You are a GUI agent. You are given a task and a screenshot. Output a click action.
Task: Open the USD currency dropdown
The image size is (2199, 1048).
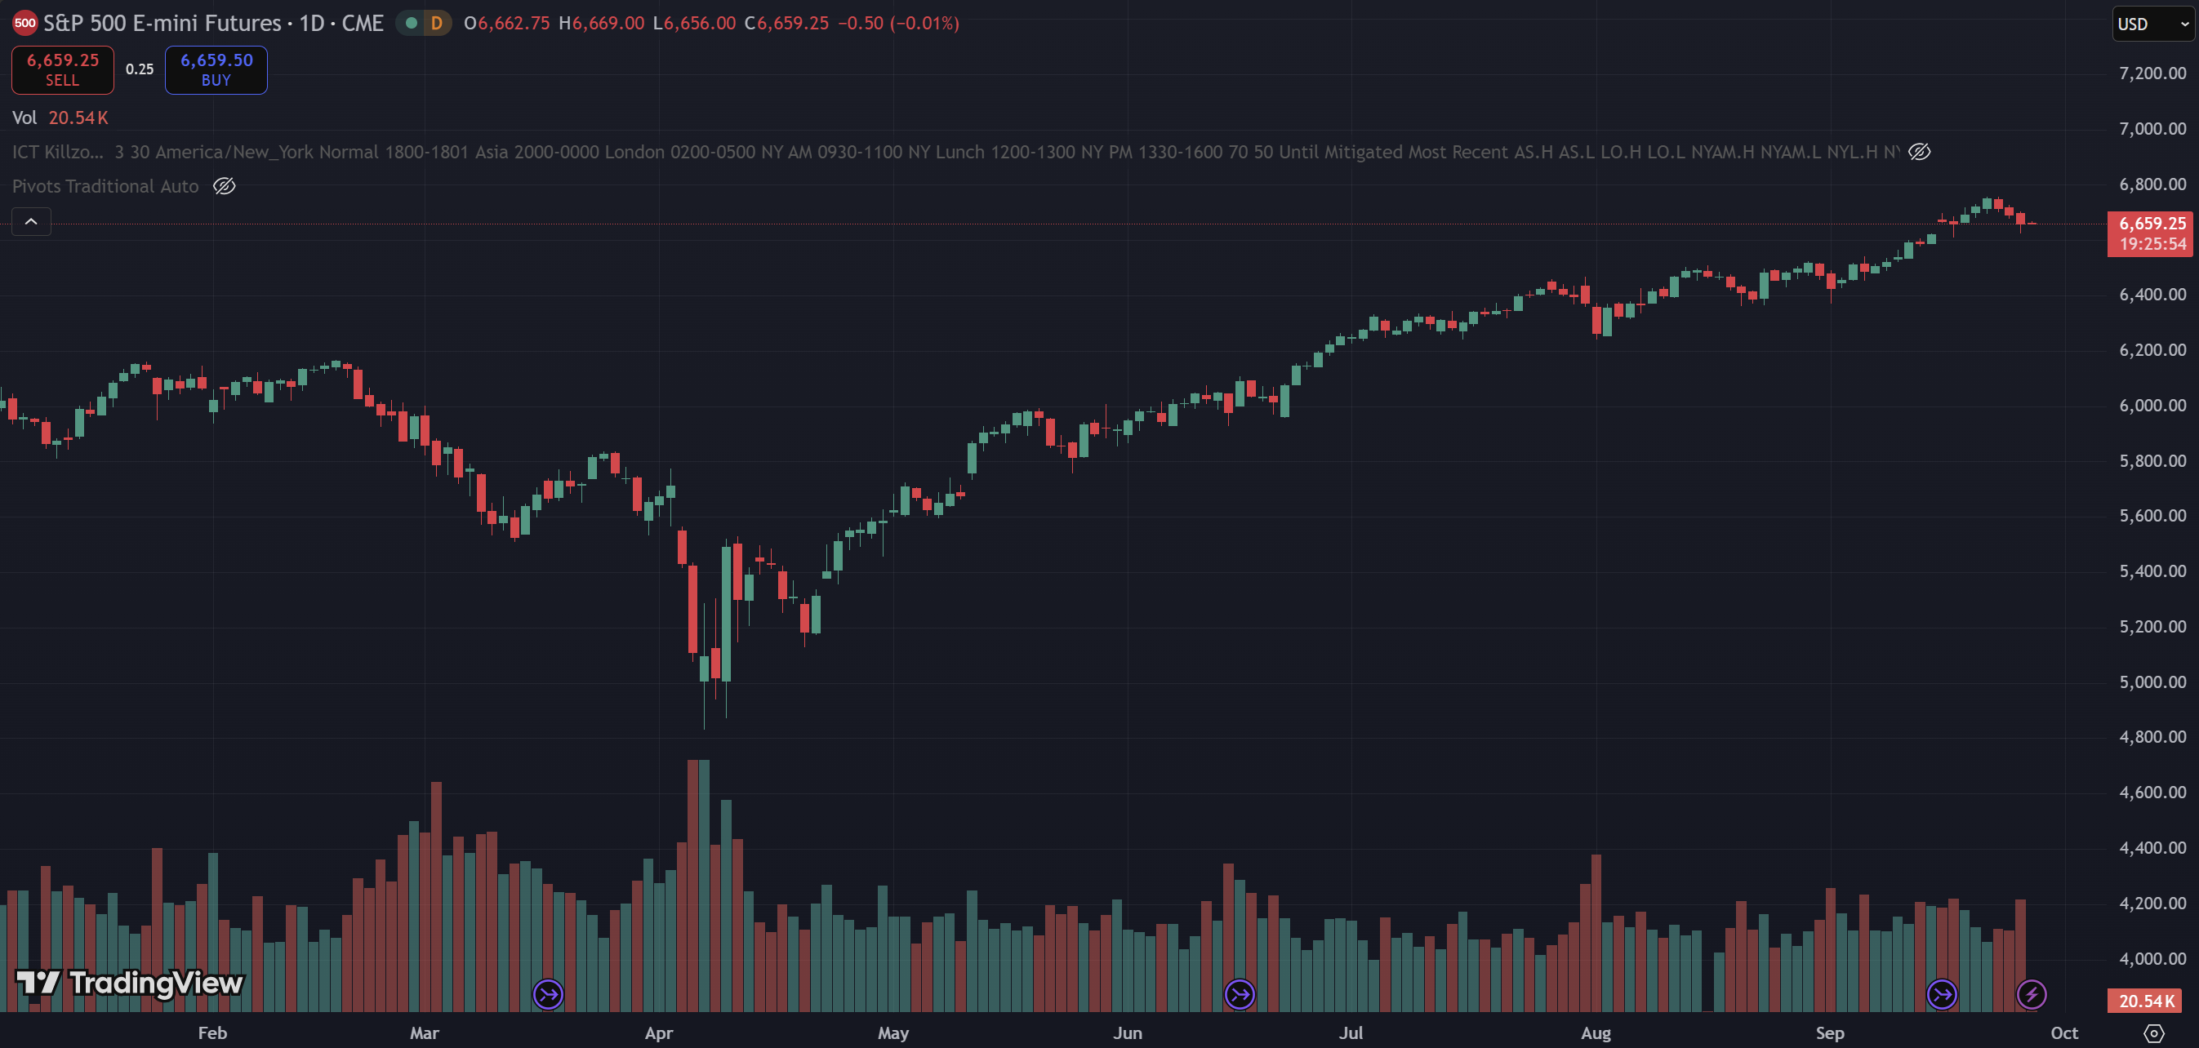(x=2151, y=24)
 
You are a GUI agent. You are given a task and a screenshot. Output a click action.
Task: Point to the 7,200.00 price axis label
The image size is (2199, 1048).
(x=2152, y=73)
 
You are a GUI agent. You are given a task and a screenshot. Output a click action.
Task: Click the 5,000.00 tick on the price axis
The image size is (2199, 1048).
(x=2152, y=682)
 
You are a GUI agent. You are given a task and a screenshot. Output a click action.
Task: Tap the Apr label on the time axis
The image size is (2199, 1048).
(x=658, y=1032)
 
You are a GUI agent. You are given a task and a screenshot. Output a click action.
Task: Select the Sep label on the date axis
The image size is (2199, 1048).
(x=1829, y=1032)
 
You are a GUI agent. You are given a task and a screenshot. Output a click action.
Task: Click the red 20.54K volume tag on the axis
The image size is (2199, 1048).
(x=2146, y=1001)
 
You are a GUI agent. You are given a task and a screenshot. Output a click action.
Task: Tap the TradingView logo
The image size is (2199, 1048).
(x=130, y=984)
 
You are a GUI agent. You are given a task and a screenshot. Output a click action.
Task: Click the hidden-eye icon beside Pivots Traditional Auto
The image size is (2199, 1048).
(x=225, y=186)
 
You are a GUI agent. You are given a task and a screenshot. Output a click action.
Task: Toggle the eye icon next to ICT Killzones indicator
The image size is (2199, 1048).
(x=1919, y=152)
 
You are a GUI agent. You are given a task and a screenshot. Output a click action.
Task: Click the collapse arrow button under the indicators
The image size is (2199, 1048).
(x=31, y=222)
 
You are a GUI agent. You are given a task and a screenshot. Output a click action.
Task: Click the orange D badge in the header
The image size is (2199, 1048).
(x=436, y=23)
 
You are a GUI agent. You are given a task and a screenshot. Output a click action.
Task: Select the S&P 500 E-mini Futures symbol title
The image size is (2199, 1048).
(x=213, y=23)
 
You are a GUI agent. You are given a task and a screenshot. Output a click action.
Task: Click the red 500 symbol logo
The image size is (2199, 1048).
(x=24, y=23)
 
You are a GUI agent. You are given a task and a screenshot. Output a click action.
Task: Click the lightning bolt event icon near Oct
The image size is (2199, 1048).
(x=2031, y=994)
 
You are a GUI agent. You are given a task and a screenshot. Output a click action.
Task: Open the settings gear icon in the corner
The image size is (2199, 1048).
(x=2154, y=1033)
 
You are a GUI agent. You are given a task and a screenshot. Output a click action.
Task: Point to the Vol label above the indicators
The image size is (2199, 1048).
(x=24, y=118)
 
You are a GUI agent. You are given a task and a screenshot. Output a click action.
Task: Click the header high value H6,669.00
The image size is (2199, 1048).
(x=602, y=23)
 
